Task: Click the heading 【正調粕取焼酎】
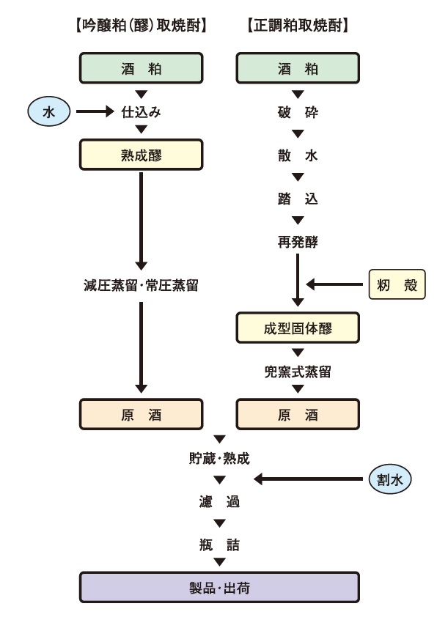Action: (x=297, y=25)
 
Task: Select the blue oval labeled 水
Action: (x=48, y=112)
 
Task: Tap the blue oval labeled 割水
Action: (x=390, y=479)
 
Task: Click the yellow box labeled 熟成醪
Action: (x=141, y=155)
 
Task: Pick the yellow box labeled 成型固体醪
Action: (x=297, y=328)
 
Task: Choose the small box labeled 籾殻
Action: (x=397, y=285)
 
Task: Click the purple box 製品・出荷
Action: (x=219, y=587)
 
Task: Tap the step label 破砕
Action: (x=297, y=112)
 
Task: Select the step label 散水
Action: (x=297, y=155)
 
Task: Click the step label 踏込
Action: (x=297, y=199)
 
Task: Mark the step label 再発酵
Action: (x=297, y=241)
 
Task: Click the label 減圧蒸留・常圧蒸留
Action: (x=141, y=285)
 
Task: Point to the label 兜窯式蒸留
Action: (x=297, y=372)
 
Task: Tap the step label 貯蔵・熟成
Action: (x=219, y=459)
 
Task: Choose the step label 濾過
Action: (x=219, y=502)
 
